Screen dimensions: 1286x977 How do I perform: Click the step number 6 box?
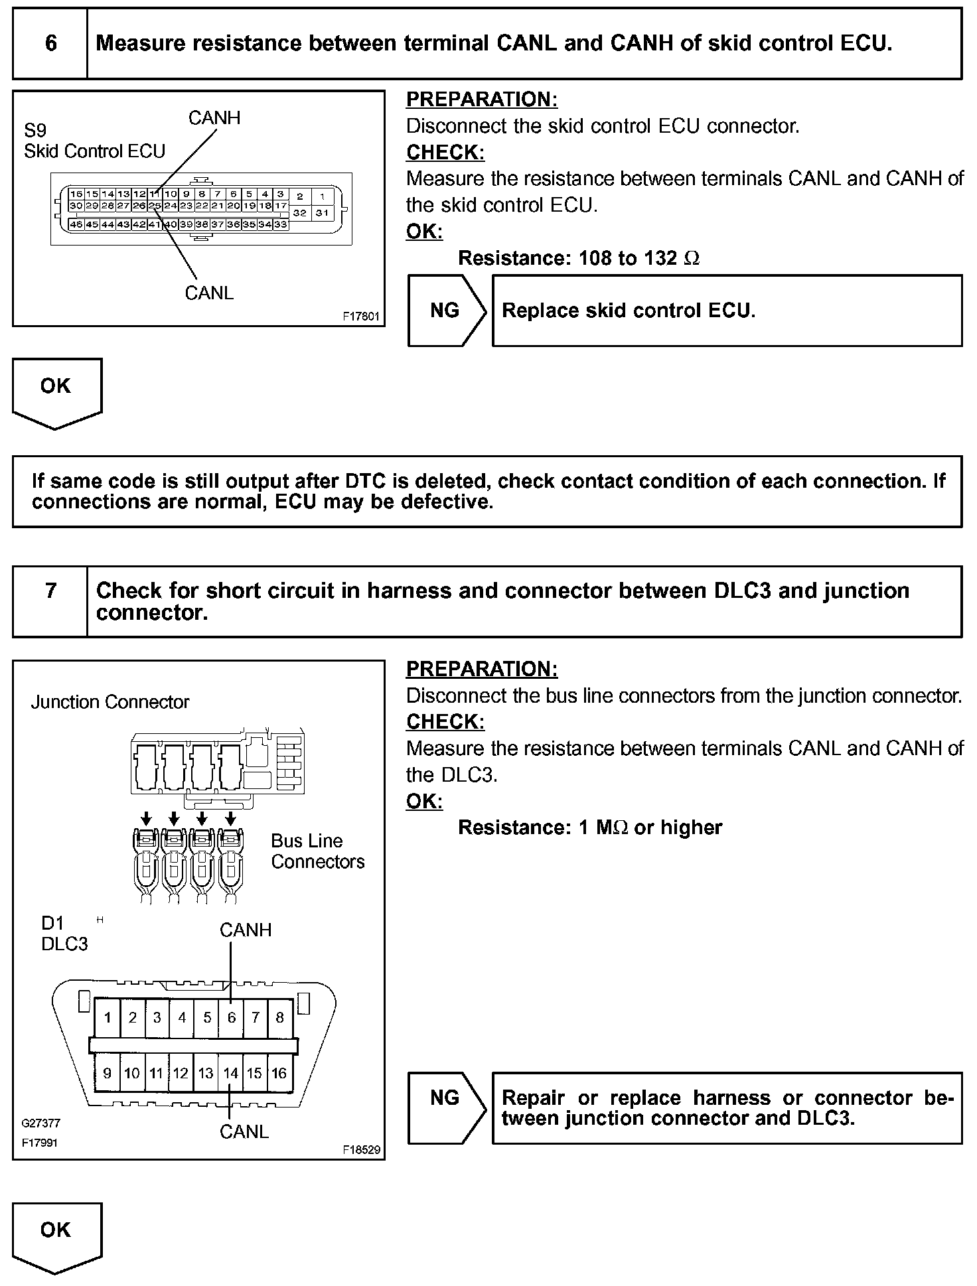50,44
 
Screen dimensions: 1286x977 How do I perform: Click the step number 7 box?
50,591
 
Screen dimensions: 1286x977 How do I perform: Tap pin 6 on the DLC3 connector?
231,1017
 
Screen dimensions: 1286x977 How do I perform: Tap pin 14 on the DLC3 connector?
230,1073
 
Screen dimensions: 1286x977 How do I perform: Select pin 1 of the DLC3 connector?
108,1017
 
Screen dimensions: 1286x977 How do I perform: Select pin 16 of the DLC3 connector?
279,1073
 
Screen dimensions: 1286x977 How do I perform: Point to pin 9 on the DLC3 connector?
108,1073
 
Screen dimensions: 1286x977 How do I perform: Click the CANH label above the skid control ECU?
214,118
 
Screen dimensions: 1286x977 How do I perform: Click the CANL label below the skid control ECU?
209,293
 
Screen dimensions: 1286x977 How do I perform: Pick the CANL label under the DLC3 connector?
244,1131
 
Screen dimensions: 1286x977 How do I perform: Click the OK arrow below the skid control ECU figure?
56,392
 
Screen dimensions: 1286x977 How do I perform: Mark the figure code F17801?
361,317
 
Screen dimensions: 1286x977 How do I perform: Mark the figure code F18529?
362,1149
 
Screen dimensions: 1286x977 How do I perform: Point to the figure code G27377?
40,1123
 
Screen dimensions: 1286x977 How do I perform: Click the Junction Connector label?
110,702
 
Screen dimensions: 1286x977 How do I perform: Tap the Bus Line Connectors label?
317,851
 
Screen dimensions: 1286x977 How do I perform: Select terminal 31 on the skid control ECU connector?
322,213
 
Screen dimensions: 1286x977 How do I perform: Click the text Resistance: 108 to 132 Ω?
579,258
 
